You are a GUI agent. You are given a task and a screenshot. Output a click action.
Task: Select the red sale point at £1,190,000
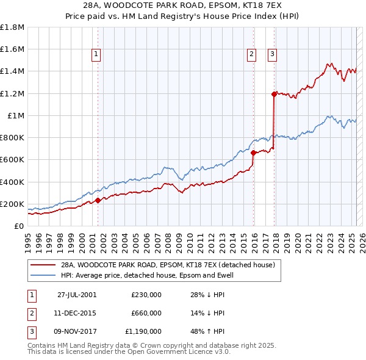coord(274,94)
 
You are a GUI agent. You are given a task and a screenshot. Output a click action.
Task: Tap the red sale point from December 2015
coord(253,153)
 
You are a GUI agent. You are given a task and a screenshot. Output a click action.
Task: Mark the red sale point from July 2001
coord(98,200)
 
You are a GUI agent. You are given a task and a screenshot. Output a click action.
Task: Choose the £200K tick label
coord(12,204)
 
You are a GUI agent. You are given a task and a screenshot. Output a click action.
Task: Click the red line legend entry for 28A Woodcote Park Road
coord(168,265)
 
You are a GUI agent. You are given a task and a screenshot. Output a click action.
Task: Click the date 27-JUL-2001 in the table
coord(77,294)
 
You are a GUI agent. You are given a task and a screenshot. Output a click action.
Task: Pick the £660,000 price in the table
coord(146,313)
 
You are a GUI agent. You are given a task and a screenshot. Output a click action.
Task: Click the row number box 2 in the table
coord(31,313)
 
